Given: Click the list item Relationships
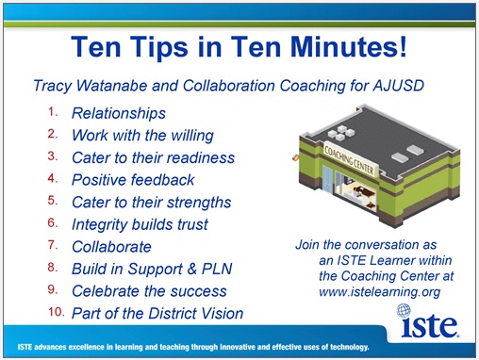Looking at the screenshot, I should pos(119,114).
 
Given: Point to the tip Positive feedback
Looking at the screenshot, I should pos(134,179).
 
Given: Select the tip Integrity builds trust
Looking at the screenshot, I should pos(140,224).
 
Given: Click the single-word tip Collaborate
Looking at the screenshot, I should pos(111,247).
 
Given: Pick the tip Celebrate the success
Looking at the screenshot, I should pos(149,291).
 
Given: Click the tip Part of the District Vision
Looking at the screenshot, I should pos(157,313).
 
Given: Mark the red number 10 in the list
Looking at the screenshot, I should pos(55,313).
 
